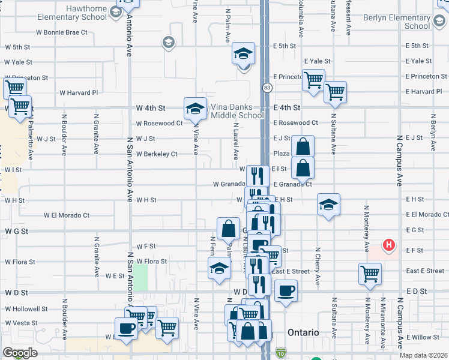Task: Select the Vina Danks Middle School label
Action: [x=237, y=112]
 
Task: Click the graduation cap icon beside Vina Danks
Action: [x=195, y=109]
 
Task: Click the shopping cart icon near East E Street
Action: [x=370, y=274]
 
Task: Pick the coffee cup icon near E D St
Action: [x=286, y=291]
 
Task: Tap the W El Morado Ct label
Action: [x=67, y=215]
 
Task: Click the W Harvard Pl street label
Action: [x=78, y=92]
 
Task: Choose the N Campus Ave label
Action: [x=399, y=162]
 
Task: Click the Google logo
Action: [x=19, y=353]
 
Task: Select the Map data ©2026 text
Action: [x=423, y=355]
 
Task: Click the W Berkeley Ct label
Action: [x=157, y=154]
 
